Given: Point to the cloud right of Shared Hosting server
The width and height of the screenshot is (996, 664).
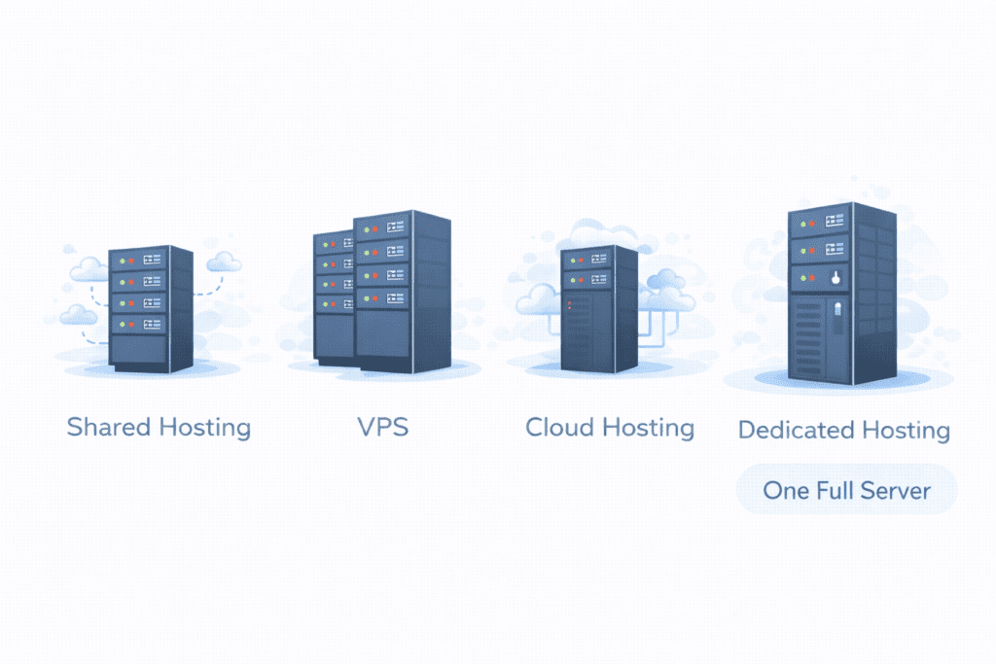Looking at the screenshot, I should pyautogui.click(x=224, y=261).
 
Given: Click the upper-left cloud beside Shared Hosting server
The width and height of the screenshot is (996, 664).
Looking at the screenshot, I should pyautogui.click(x=88, y=267).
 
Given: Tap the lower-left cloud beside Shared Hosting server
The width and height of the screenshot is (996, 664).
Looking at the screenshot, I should pyautogui.click(x=79, y=314).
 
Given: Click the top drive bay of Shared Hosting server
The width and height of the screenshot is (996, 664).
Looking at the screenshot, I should pyautogui.click(x=137, y=260).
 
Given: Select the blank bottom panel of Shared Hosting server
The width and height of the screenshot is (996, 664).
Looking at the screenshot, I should pyautogui.click(x=137, y=347).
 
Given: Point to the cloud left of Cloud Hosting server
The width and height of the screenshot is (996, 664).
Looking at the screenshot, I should pyautogui.click(x=536, y=300).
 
